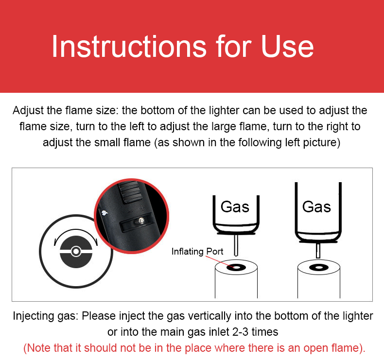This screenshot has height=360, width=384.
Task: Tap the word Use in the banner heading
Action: (287, 47)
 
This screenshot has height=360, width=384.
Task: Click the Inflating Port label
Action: (197, 251)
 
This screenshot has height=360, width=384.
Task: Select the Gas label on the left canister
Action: (235, 207)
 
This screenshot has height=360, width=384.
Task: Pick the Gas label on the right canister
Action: (316, 207)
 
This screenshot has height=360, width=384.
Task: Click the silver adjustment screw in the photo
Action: (141, 221)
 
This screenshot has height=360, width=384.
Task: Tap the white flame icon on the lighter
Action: (105, 213)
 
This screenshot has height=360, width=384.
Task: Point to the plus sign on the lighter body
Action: (142, 208)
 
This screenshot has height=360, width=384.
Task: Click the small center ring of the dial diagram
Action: (76, 251)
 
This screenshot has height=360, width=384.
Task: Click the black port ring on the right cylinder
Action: (318, 267)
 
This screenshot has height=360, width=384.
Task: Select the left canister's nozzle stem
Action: (236, 245)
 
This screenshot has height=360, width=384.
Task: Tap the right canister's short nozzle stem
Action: (318, 250)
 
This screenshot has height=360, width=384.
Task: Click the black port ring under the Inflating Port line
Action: (236, 267)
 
